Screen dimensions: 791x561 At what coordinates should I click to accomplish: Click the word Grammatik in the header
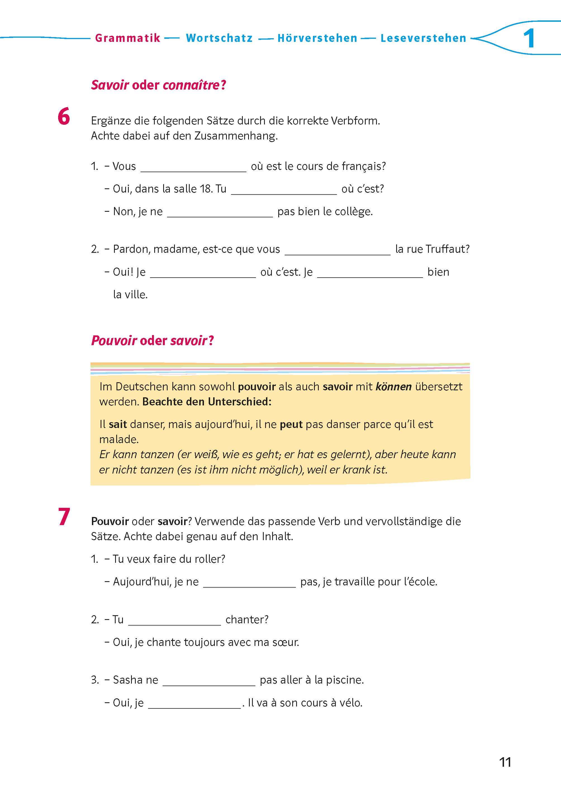pos(127,38)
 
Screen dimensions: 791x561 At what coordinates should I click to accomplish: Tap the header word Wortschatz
pos(219,38)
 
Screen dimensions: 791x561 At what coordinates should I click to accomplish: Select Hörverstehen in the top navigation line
pos(317,38)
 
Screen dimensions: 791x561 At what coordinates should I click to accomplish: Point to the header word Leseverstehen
pos(423,38)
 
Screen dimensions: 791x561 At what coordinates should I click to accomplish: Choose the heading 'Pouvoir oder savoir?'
pos(152,340)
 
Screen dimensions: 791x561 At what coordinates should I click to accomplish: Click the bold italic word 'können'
pos(393,387)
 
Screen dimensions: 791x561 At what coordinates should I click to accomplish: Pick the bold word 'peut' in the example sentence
pos(291,424)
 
